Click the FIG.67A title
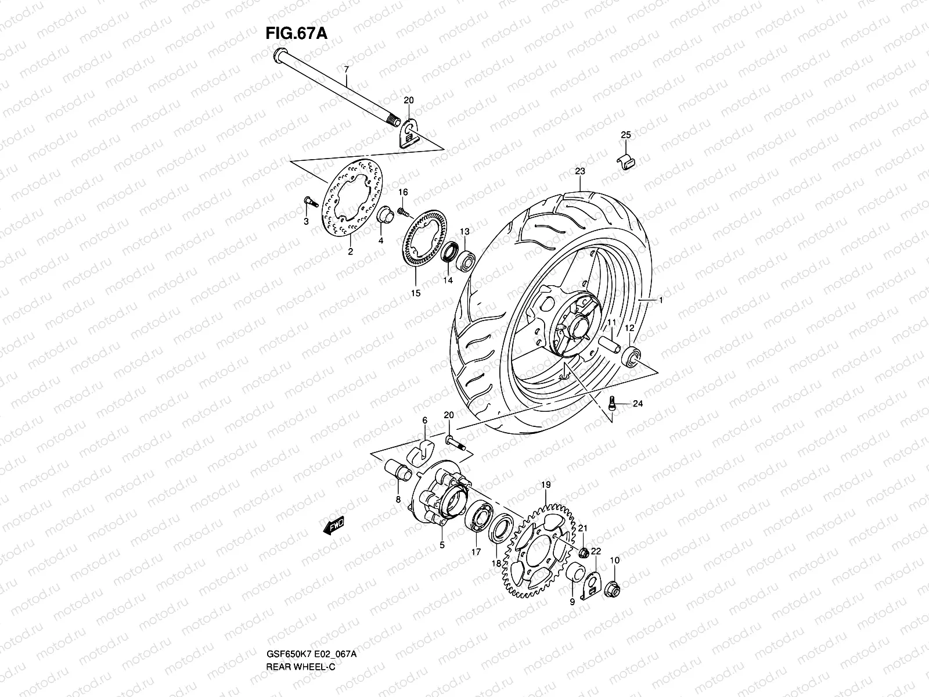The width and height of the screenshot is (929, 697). [296, 33]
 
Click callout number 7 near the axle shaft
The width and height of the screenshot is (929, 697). [346, 69]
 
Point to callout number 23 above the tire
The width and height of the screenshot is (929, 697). [580, 171]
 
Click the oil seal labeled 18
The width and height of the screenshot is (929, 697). [500, 529]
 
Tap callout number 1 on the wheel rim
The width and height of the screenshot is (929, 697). [660, 300]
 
